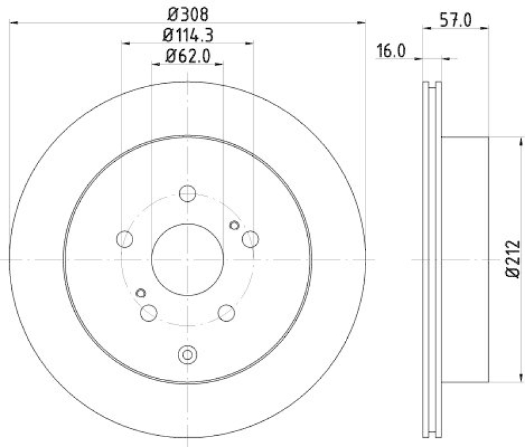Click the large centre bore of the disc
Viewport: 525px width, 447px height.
coord(187,259)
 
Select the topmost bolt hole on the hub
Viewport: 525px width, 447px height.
coord(187,194)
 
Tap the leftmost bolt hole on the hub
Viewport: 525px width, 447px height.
coord(125,239)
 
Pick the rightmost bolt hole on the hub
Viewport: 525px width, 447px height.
coord(249,239)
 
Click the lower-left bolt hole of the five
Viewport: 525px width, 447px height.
coord(149,313)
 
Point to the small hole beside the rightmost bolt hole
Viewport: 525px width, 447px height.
coord(234,225)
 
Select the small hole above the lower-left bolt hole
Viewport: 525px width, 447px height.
coord(140,293)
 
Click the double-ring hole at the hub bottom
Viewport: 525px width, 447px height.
coord(187,355)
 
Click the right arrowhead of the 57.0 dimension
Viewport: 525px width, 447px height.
coord(486,27)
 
